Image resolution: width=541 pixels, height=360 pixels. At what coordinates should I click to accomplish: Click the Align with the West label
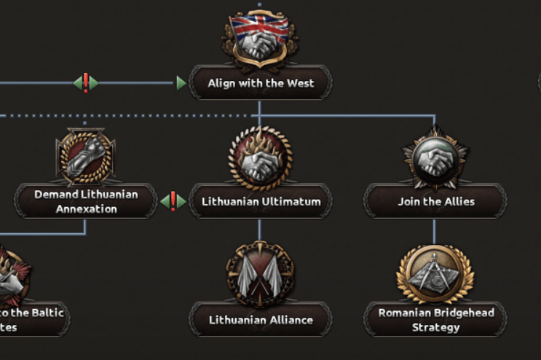[x=261, y=83]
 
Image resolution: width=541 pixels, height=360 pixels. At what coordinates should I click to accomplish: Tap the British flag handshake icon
[x=260, y=41]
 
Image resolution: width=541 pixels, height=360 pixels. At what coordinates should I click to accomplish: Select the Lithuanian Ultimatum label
[x=261, y=202]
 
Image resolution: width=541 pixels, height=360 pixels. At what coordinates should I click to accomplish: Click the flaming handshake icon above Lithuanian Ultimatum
[x=260, y=157]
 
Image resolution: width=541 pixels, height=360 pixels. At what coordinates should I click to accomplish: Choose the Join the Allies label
[x=435, y=202]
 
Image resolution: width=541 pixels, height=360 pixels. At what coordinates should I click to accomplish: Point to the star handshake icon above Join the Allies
[x=435, y=157]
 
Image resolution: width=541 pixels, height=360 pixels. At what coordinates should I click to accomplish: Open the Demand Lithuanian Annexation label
[x=85, y=202]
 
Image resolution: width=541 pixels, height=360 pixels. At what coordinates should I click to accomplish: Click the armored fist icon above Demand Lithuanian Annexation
[x=85, y=157]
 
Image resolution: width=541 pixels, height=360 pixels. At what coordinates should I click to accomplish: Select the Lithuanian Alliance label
[x=261, y=320]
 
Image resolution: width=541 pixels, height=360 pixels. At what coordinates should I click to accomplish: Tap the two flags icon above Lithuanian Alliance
[x=260, y=275]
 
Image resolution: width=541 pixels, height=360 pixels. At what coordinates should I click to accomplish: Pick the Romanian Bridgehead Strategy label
[x=435, y=320]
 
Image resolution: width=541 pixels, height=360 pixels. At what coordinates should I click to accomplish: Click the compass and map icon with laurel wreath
[x=435, y=275]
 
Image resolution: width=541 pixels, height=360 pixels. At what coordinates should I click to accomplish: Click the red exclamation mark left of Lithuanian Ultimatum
[x=173, y=200]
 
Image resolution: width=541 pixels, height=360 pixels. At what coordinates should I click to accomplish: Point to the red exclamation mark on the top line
[x=86, y=82]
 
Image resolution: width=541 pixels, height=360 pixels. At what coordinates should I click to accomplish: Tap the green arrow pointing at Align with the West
[x=181, y=83]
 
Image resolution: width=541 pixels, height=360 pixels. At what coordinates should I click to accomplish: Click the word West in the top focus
[x=299, y=83]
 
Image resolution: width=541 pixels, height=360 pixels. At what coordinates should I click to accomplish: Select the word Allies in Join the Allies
[x=457, y=202]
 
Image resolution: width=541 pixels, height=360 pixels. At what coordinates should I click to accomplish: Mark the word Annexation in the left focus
[x=86, y=209]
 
